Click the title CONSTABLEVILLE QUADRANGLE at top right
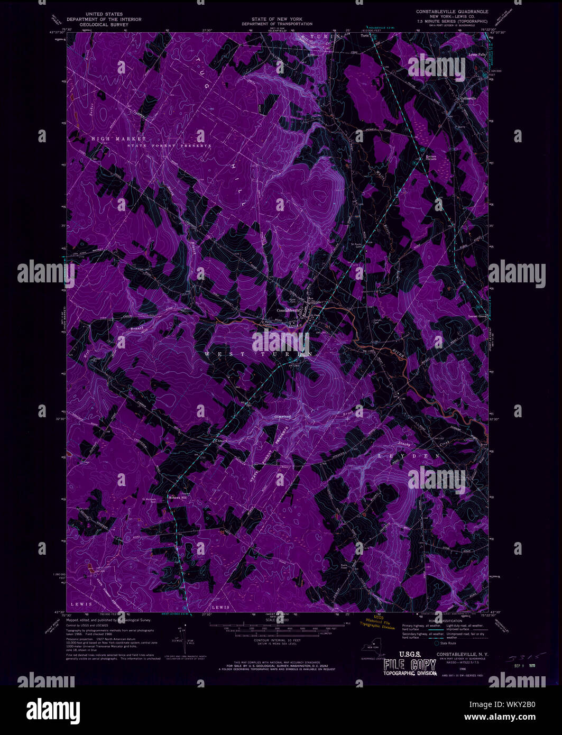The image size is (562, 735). click(452, 11)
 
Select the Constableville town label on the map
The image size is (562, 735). click(289, 310)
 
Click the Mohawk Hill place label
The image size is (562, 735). click(177, 497)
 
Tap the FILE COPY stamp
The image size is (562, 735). click(410, 665)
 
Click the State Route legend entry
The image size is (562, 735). click(446, 644)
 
